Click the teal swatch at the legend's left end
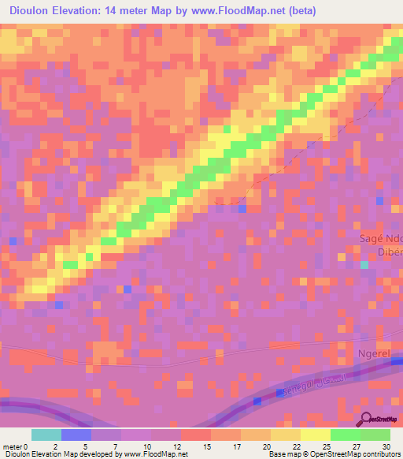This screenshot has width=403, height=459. [46, 435]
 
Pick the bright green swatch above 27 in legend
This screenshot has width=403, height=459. [345, 435]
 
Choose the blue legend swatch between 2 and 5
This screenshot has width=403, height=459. [76, 435]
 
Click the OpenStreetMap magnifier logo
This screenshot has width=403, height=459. [367, 419]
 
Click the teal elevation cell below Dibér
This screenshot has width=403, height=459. [364, 265]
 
